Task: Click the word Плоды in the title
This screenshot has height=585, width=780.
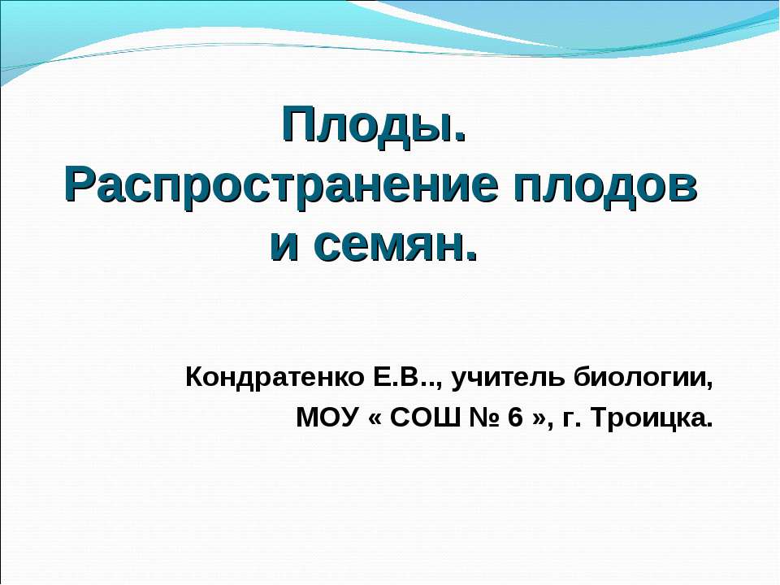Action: coord(370,125)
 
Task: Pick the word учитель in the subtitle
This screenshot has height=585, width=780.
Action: coord(509,378)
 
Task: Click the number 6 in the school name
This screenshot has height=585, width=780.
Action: coord(515,418)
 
